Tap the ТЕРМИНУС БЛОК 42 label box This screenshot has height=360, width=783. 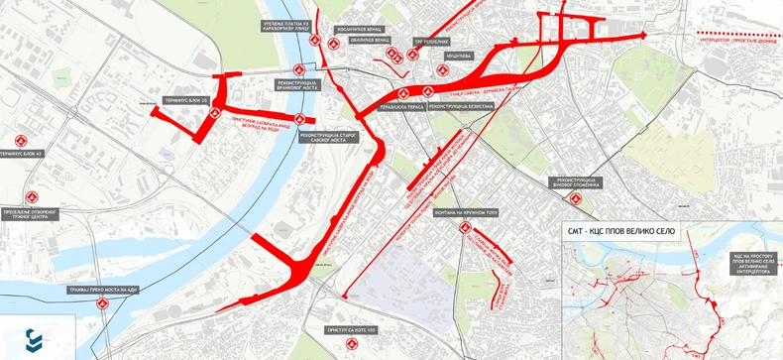point(22,156)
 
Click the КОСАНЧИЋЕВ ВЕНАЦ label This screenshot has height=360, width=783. point(361,31)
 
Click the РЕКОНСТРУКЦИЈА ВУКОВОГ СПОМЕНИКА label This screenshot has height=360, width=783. point(577,183)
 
